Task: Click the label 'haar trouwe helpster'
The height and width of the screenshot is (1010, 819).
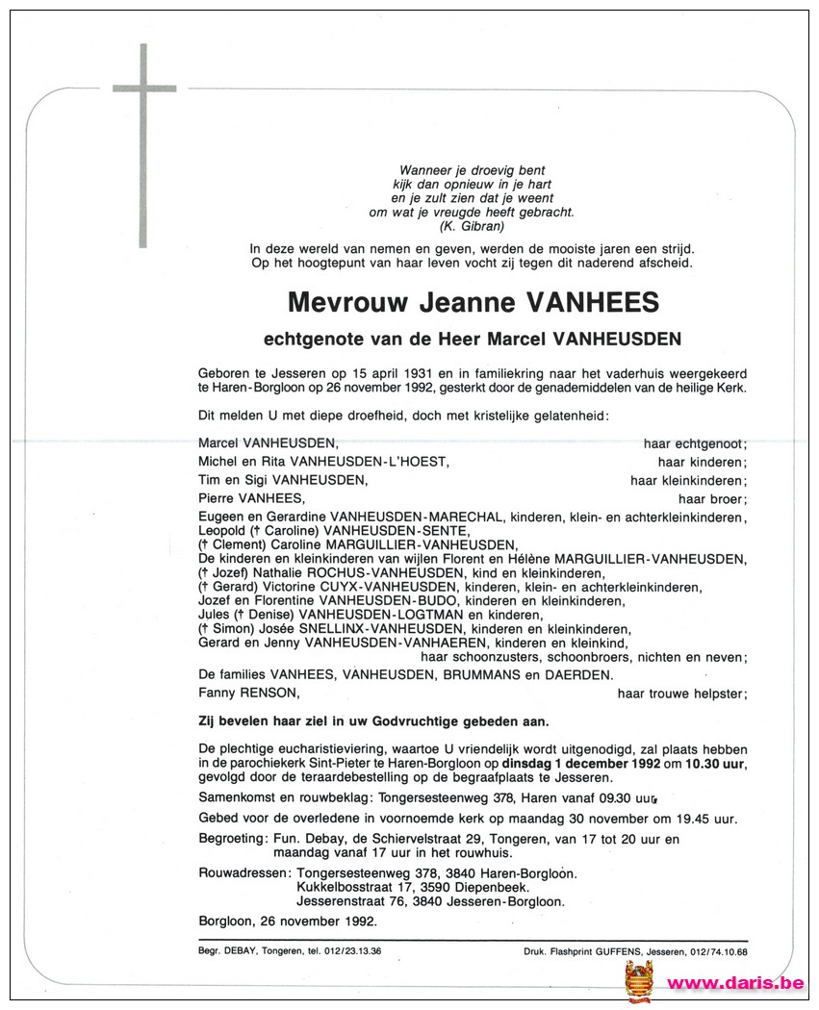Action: [x=682, y=693]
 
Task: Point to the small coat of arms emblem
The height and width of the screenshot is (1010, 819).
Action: [x=639, y=980]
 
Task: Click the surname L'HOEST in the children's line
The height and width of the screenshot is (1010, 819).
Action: [x=413, y=462]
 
